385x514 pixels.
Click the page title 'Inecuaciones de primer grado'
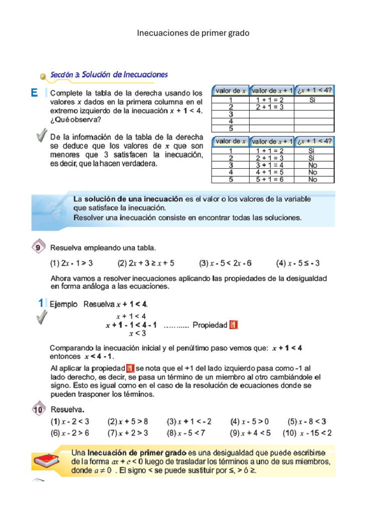193,33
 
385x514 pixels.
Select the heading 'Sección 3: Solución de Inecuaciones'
110,75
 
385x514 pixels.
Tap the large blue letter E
34,93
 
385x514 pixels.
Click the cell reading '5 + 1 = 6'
270,179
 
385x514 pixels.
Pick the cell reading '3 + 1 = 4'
270,165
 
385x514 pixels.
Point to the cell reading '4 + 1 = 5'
270,172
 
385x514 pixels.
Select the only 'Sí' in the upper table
313,100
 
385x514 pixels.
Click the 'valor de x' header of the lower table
230,141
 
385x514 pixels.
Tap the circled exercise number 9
39,247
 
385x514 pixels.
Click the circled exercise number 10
39,410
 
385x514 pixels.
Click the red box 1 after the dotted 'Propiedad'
233,325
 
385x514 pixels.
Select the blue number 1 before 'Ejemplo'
41,304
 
